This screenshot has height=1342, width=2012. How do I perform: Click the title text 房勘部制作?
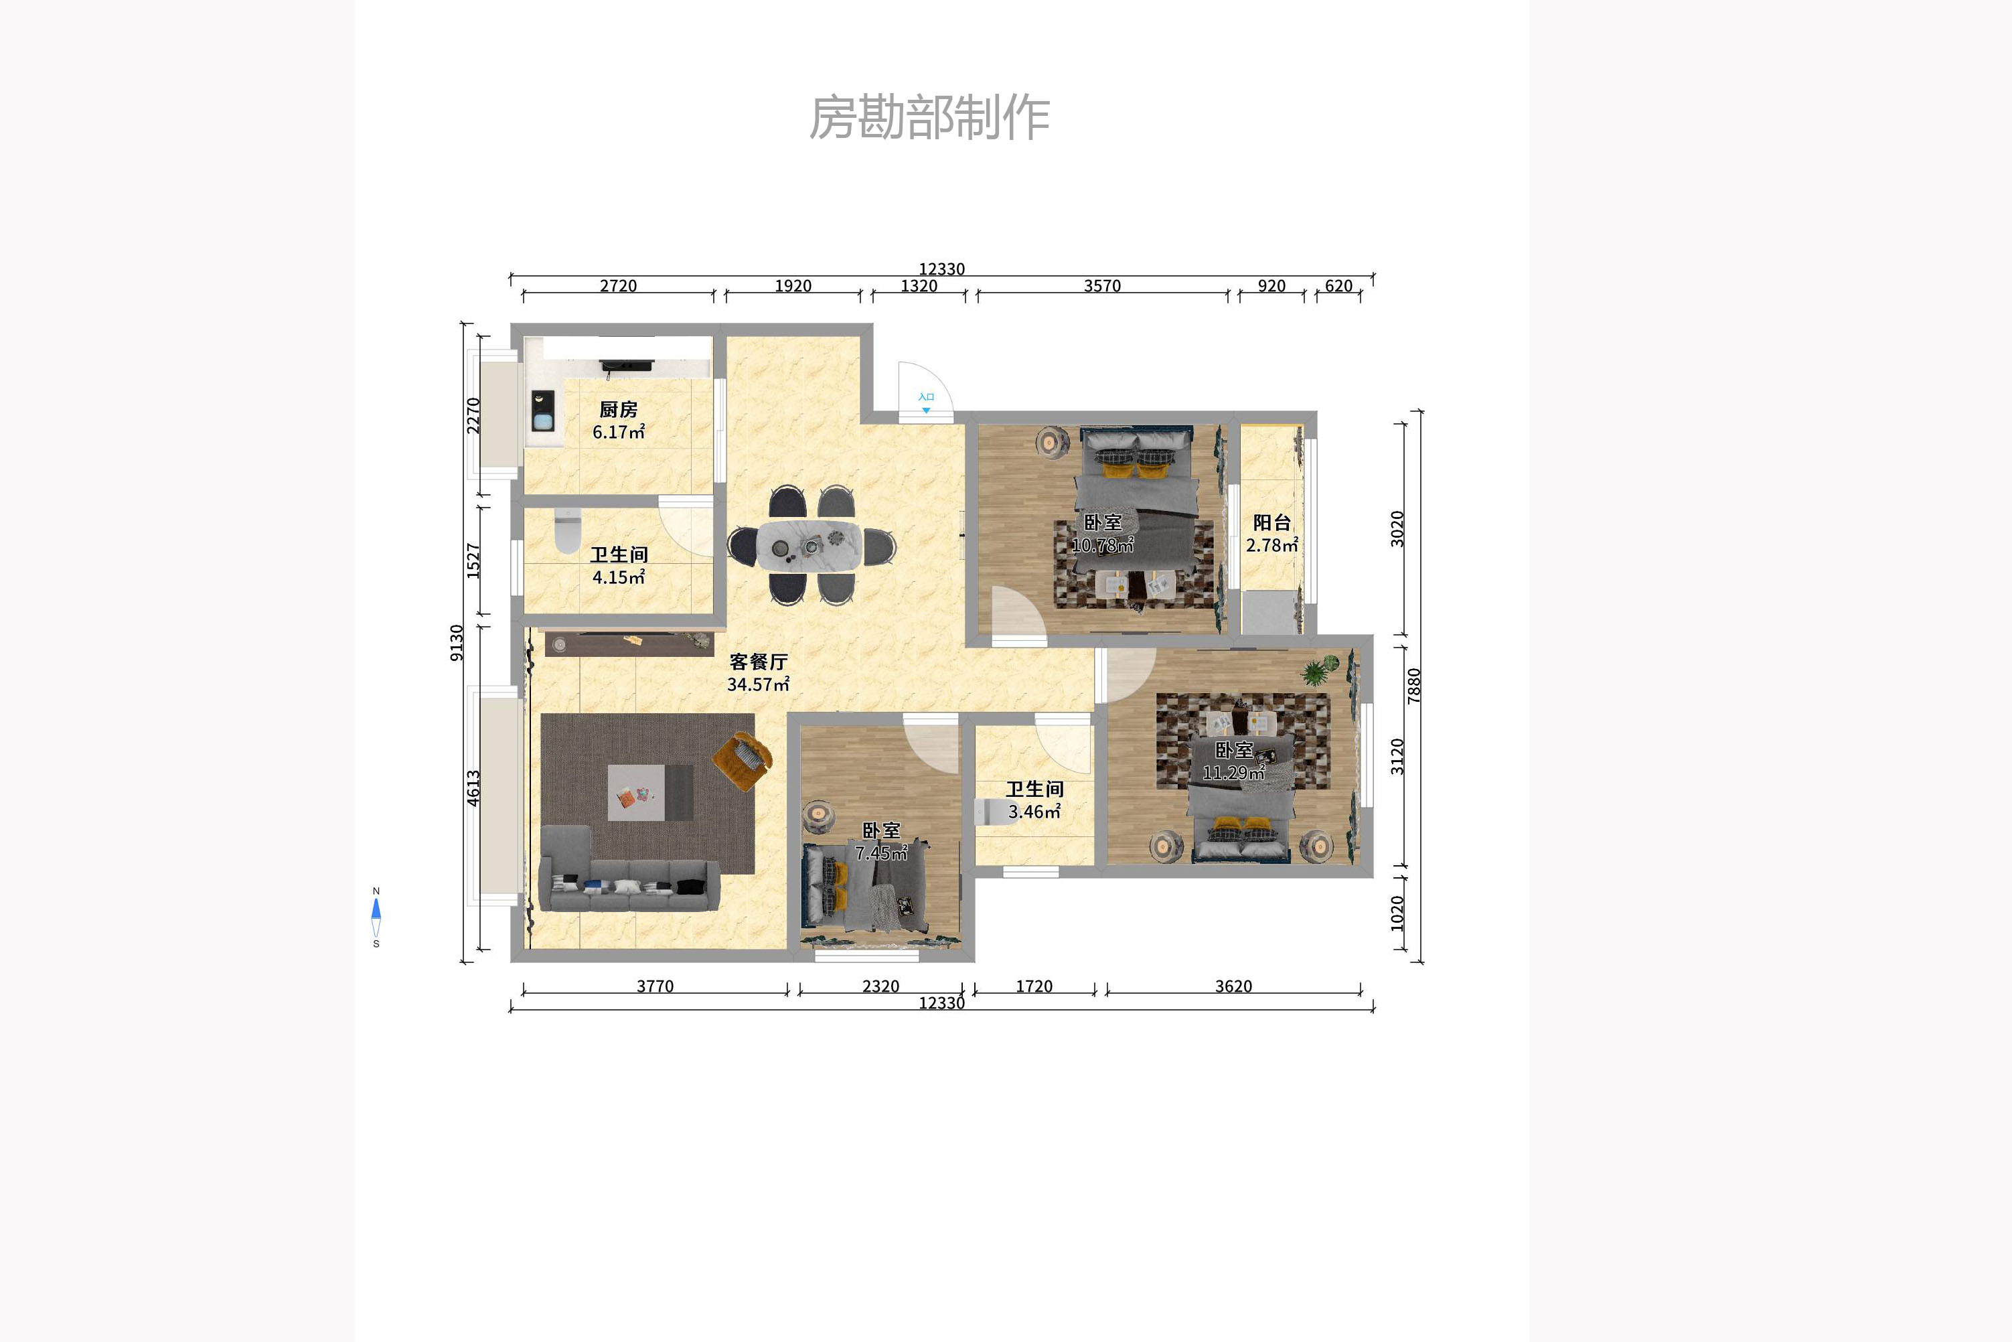929,117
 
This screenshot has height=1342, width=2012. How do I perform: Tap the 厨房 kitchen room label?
618,410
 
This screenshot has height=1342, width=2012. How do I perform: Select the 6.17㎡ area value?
618,432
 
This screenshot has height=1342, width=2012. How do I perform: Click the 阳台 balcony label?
1271,522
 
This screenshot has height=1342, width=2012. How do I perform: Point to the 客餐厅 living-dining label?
758,662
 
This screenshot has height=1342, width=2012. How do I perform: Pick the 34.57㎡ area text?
758,684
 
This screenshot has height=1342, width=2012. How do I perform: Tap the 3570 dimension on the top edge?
1102,286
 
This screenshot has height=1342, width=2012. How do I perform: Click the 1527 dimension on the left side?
473,561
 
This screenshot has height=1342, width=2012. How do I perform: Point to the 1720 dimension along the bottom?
1034,986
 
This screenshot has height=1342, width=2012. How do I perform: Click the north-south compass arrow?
376,917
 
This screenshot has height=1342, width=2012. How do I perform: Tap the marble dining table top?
808,545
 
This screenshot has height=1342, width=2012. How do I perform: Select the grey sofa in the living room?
629,881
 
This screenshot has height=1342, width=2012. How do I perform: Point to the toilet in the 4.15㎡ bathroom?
567,530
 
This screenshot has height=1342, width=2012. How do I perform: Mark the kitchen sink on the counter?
542,411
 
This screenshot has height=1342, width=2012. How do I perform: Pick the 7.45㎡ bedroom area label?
880,853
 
